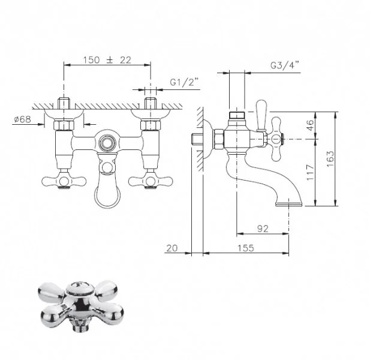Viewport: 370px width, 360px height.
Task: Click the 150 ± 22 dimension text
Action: (107, 60)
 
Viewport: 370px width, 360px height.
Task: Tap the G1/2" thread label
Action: (184, 82)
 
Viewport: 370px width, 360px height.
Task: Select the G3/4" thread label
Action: (285, 65)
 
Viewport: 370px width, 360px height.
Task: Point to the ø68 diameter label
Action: (22, 119)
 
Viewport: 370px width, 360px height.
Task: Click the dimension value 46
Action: (311, 125)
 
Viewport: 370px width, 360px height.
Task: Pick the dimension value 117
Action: (311, 173)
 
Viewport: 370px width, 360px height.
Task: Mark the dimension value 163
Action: (330, 159)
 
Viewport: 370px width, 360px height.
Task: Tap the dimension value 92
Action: (263, 229)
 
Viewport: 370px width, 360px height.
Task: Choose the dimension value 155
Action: (246, 248)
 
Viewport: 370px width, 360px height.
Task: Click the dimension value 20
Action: (172, 248)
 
